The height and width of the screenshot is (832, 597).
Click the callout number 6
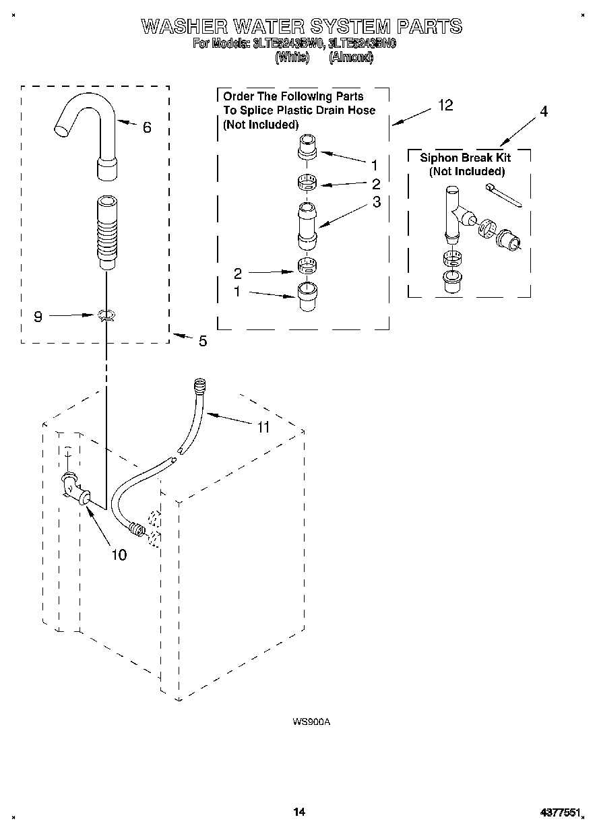[147, 127]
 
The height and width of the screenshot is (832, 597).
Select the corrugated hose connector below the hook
[106, 233]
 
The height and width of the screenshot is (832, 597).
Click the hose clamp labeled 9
[106, 315]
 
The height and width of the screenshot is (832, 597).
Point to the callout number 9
[38, 316]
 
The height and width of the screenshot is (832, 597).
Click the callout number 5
[202, 342]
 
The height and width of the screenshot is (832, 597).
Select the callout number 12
[445, 105]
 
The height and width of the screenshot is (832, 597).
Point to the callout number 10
[118, 555]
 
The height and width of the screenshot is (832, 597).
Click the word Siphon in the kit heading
[437, 158]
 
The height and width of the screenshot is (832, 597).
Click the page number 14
[299, 812]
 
